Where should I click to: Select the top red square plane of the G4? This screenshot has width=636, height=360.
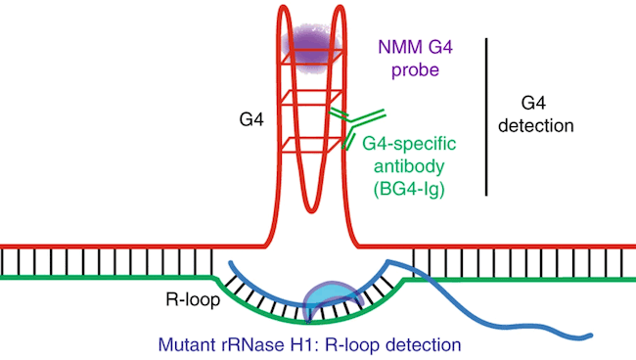pos(306,51)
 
